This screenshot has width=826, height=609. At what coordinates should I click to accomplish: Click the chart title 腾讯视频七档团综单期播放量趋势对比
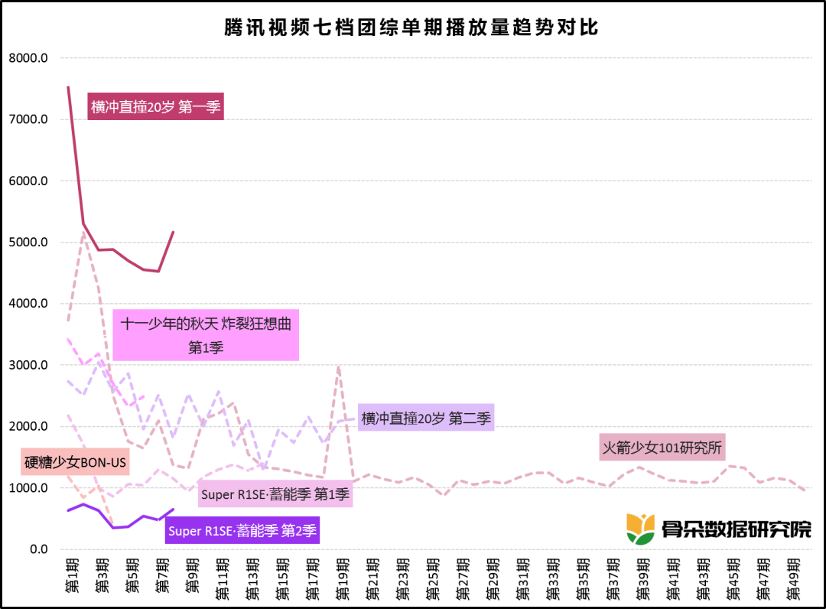coord(411,28)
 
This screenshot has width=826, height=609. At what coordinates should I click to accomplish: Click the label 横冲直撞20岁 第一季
coord(155,107)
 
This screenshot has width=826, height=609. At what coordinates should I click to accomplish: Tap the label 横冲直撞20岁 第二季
coord(426,418)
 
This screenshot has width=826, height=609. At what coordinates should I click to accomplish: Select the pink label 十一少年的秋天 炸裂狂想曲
coord(206,335)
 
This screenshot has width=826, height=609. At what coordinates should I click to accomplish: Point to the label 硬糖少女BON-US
coord(75,462)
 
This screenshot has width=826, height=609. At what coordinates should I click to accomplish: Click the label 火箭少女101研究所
coord(662,448)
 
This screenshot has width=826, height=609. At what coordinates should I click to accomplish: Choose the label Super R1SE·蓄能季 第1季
coord(275,494)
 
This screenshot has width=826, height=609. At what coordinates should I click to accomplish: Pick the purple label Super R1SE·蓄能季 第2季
coord(242,530)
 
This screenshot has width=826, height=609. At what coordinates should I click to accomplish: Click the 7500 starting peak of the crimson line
coord(68,87)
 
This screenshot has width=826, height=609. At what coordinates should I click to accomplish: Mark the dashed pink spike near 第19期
coord(338,368)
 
